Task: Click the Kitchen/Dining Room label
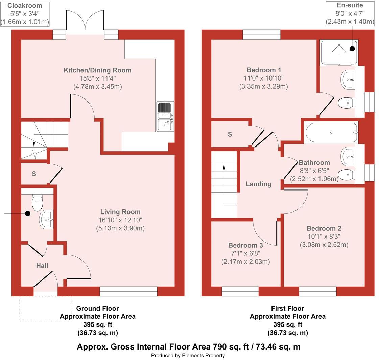(x=97, y=70)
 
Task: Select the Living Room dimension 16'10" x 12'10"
(x=120, y=220)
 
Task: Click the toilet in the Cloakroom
(x=37, y=202)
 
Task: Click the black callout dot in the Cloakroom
(x=27, y=213)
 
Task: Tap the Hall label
(x=42, y=266)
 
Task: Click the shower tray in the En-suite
(x=339, y=52)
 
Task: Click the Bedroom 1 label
(x=264, y=70)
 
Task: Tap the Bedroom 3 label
(x=245, y=245)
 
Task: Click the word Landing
(x=258, y=184)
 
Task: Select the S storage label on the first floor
(x=230, y=134)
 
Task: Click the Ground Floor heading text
(x=97, y=308)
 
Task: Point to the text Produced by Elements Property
(x=188, y=355)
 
